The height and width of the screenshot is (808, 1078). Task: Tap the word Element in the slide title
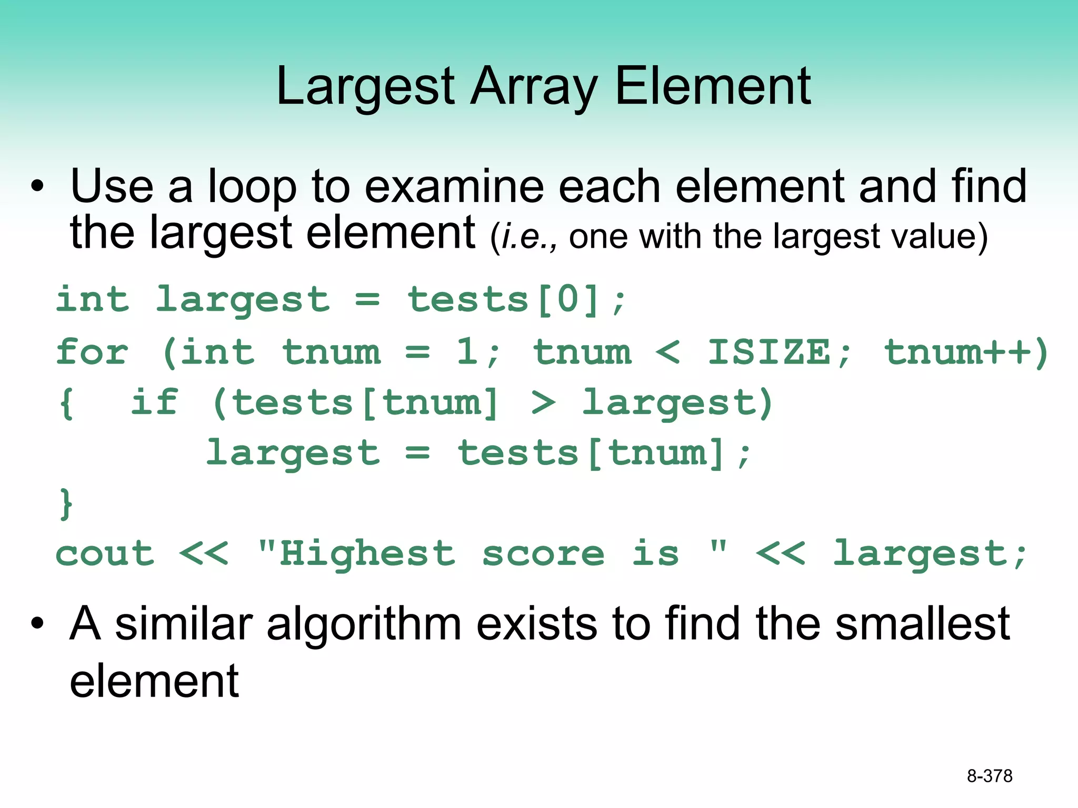713,86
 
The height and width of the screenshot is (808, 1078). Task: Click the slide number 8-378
989,776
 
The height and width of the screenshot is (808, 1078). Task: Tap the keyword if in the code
154,402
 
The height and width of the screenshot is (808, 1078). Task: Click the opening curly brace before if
66,403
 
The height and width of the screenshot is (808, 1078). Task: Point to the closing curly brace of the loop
66,504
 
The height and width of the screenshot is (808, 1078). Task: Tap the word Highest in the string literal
367,554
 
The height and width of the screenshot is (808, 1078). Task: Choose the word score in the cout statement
543,554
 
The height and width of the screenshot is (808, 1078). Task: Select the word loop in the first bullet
253,187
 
